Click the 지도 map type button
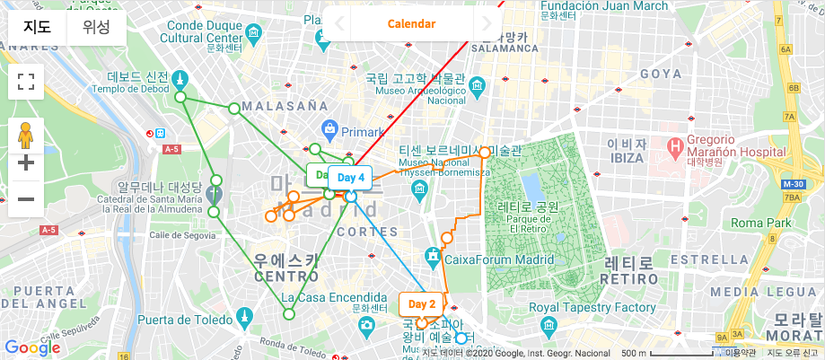(x=37, y=27)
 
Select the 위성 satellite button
(x=96, y=27)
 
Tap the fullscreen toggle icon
(x=26, y=83)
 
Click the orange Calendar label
(x=411, y=23)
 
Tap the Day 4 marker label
(x=350, y=178)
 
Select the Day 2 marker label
(x=421, y=304)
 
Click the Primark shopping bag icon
(x=330, y=130)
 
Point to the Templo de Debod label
(x=131, y=88)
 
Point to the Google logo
(x=32, y=347)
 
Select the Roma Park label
(x=760, y=223)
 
